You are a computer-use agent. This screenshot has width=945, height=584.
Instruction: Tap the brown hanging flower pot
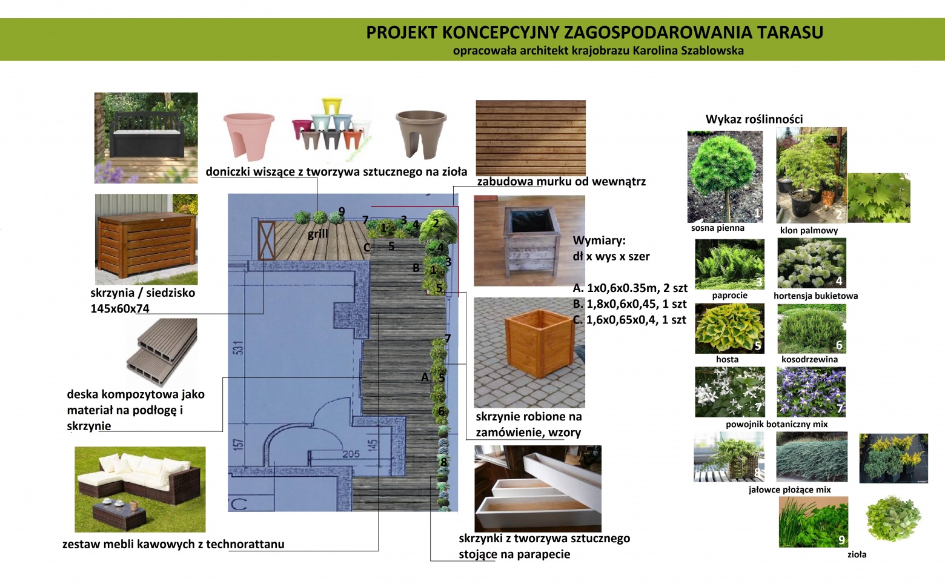pos(420,133)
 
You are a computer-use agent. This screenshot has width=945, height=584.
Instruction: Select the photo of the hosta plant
pos(729,328)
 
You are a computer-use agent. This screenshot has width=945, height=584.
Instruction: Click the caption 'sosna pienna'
pos(717,228)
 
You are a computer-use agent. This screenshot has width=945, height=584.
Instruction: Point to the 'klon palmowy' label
pos(809,230)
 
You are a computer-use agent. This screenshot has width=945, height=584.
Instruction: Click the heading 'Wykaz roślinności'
pos(754,119)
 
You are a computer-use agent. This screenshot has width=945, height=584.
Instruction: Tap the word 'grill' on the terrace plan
pos(317,234)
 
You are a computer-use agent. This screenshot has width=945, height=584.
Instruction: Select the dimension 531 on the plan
pos(239,348)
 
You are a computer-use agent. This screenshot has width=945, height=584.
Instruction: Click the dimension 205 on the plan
pos(351,454)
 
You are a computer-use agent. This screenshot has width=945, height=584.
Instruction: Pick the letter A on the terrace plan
pos(425,377)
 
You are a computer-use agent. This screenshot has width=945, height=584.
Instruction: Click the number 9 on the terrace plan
pos(342,211)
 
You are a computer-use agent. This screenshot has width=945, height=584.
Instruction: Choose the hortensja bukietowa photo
pos(812,263)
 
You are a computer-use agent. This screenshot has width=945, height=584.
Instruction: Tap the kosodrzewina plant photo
pos(811,328)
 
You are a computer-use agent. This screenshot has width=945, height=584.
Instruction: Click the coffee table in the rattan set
pos(119,514)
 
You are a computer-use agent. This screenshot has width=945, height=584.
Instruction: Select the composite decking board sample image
pos(162,351)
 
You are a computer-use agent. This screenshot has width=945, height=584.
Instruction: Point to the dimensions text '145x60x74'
pos(120,308)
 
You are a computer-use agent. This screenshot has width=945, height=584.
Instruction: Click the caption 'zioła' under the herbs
pos(857,554)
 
